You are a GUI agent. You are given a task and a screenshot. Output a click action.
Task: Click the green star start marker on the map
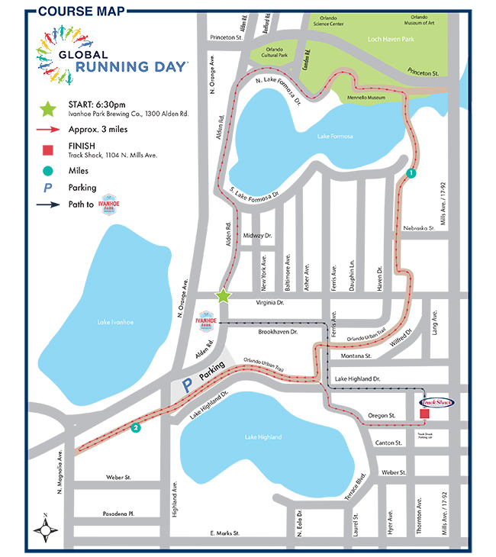click(x=223, y=295)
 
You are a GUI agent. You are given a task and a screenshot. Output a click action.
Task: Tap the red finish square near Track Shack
click(x=425, y=414)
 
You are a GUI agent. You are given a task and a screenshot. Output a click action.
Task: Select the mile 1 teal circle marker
click(x=411, y=173)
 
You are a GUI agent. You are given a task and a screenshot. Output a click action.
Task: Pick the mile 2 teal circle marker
click(x=136, y=427)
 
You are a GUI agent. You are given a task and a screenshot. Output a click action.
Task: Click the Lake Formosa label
click(x=336, y=136)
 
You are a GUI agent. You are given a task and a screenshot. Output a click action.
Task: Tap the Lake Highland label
click(x=263, y=436)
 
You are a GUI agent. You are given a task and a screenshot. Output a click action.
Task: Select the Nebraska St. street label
click(x=417, y=227)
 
